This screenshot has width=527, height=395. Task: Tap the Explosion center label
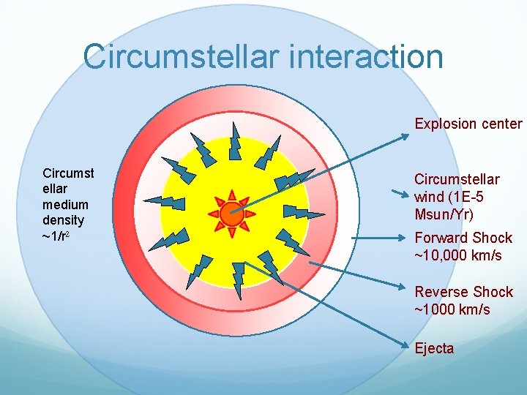pos(468,124)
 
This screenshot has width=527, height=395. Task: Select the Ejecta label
pos(434,348)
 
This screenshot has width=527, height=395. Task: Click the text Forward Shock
pos(463,238)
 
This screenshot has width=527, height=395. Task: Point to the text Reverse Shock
pos(464,292)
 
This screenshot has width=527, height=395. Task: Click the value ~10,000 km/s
pos(458,255)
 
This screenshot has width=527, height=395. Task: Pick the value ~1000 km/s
pos(452,309)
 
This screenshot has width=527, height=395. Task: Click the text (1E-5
pos(466,197)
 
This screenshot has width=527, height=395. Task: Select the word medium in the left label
pos(65,205)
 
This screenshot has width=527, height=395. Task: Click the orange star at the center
pos(231,214)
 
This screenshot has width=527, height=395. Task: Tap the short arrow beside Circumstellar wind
pos(400,195)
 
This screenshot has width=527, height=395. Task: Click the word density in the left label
pos(64,220)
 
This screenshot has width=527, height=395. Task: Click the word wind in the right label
pos(430,197)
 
